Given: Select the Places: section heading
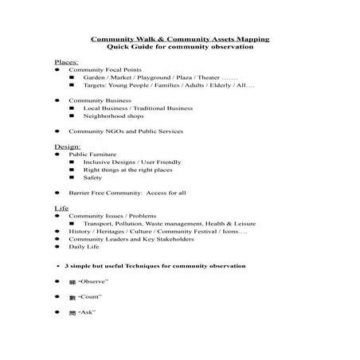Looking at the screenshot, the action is click(65, 61).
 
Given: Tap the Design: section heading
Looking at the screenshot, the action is click(67, 147).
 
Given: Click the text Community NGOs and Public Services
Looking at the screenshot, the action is click(126, 131).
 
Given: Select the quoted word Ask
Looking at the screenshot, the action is click(88, 312).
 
